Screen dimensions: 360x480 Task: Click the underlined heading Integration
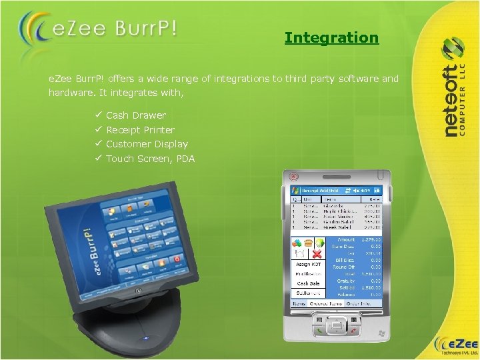click(331, 38)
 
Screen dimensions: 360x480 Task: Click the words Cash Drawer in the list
click(136, 115)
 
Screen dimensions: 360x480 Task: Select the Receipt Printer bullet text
click(140, 130)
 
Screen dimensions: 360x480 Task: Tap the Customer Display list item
click(147, 144)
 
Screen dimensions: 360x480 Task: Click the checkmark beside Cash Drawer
click(97, 115)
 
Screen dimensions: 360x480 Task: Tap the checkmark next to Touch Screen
click(97, 159)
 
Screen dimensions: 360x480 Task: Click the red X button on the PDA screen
click(319, 253)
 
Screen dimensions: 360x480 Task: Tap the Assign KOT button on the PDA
click(308, 265)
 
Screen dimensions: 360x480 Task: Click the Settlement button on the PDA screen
click(308, 292)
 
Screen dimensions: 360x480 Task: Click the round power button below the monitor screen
click(137, 291)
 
